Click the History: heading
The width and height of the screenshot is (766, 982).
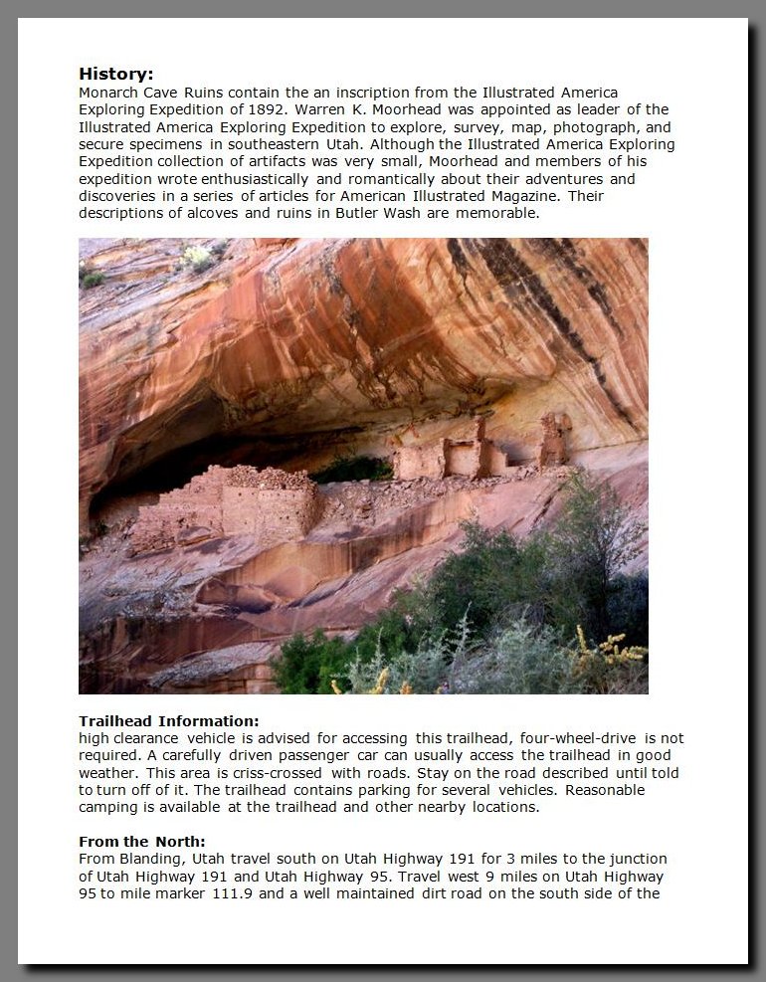[x=115, y=74]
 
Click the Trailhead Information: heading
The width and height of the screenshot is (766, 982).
[x=168, y=720]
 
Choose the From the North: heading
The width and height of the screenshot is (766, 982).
[x=141, y=842]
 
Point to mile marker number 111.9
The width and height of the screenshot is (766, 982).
[x=232, y=893]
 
